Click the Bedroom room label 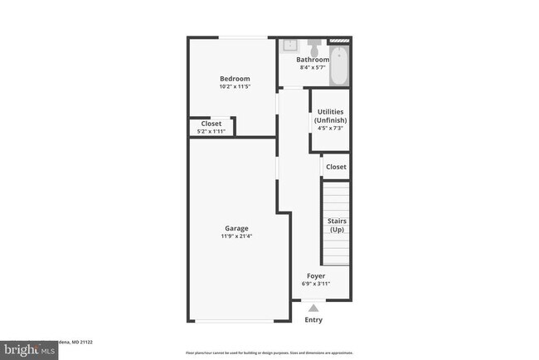[235, 79]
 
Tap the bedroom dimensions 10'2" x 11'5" [235, 86]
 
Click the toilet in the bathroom [315, 42]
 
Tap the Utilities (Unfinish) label [330, 116]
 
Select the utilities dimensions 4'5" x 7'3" [330, 129]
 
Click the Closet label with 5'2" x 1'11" [211, 124]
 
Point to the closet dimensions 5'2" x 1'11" [211, 131]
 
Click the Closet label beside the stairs [336, 167]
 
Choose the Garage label [236, 228]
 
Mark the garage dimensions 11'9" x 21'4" [236, 236]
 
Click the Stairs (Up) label [337, 225]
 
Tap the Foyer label [316, 275]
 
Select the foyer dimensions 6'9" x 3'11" [316, 284]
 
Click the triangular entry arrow [313, 308]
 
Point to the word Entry [313, 320]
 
